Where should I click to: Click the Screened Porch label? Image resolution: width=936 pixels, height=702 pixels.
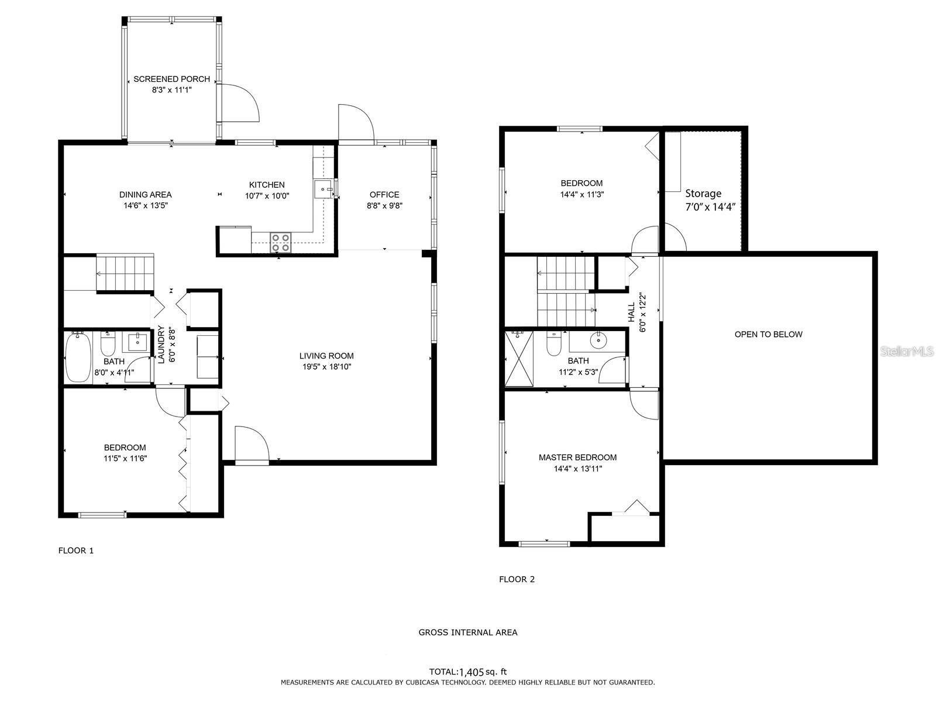pyautogui.click(x=171, y=79)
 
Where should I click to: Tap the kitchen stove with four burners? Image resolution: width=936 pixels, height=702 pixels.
pyautogui.click(x=281, y=242)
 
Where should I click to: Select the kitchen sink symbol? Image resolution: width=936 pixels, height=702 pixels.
pyautogui.click(x=323, y=190)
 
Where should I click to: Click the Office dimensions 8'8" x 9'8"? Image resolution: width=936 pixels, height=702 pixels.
pyautogui.click(x=384, y=205)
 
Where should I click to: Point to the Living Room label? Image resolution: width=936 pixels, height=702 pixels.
pyautogui.click(x=326, y=356)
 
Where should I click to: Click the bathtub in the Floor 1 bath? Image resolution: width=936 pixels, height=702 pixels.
pyautogui.click(x=77, y=357)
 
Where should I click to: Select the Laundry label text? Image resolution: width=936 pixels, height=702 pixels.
pyautogui.click(x=161, y=346)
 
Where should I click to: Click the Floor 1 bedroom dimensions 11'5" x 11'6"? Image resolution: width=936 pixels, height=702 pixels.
pyautogui.click(x=125, y=459)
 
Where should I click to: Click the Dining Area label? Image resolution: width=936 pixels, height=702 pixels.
pyautogui.click(x=145, y=195)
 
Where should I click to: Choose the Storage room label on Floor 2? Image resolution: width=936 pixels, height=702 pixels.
pyautogui.click(x=703, y=194)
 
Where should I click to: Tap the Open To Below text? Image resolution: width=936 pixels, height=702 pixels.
pyautogui.click(x=768, y=335)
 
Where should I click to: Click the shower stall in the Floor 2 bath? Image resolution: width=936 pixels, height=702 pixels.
pyautogui.click(x=519, y=359)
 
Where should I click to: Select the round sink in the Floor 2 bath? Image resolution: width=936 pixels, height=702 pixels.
pyautogui.click(x=597, y=339)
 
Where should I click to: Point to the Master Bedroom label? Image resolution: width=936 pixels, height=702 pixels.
pyautogui.click(x=577, y=457)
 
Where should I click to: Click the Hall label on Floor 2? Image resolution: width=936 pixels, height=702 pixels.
pyautogui.click(x=632, y=312)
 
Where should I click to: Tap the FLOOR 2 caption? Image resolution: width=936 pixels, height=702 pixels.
pyautogui.click(x=517, y=579)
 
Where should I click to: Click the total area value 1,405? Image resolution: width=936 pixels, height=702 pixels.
pyautogui.click(x=472, y=672)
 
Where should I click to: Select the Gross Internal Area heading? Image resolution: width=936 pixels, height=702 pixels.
pyautogui.click(x=467, y=632)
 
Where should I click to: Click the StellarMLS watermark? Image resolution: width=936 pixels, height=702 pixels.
pyautogui.click(x=907, y=351)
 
